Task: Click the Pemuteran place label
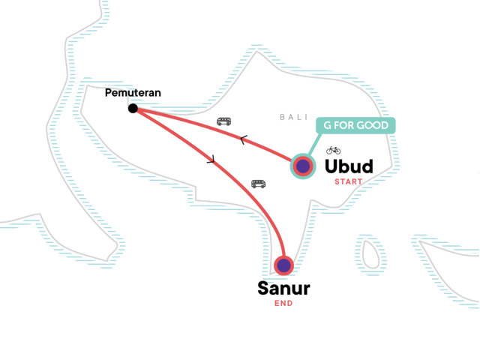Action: coord(133,94)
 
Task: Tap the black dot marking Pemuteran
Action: coord(133,109)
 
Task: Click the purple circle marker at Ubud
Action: coord(302,166)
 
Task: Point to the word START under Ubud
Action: coord(348,181)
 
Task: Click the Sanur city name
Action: coord(283,288)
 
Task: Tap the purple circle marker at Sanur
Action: coord(283,265)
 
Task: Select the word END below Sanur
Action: coord(283,304)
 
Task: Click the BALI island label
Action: coord(293,117)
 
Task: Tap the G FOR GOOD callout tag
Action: coord(355,124)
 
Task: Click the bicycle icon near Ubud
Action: coord(333,150)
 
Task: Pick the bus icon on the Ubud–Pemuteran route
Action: coord(223,121)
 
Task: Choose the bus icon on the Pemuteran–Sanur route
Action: coord(258,183)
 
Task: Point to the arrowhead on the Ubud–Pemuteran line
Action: coord(243,139)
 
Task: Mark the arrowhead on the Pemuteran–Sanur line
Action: coord(211,159)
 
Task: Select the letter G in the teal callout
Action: coord(327,124)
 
